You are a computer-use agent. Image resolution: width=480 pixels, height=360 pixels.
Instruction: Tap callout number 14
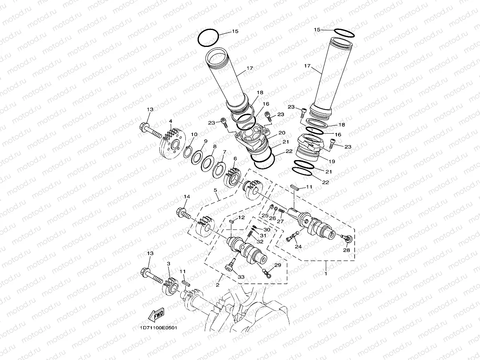pos(187,196)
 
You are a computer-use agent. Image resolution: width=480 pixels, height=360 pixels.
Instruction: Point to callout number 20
pos(282,132)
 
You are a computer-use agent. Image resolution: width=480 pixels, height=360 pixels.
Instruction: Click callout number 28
pos(346,250)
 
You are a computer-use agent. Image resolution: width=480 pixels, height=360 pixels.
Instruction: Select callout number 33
pos(241,277)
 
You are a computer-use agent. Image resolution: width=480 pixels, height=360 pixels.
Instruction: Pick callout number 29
pos(278,266)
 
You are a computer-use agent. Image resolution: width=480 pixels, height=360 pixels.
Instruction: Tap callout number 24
pos(298,247)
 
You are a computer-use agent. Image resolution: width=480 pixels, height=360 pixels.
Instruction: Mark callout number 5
pos(216,190)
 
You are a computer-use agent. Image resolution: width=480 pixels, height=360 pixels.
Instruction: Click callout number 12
pos(241,217)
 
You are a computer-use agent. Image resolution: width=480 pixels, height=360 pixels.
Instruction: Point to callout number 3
pos(168,263)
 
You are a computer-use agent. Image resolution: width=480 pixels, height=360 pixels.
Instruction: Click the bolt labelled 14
pos(184,214)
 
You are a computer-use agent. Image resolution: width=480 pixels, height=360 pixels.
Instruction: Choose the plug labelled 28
pos(346,238)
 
